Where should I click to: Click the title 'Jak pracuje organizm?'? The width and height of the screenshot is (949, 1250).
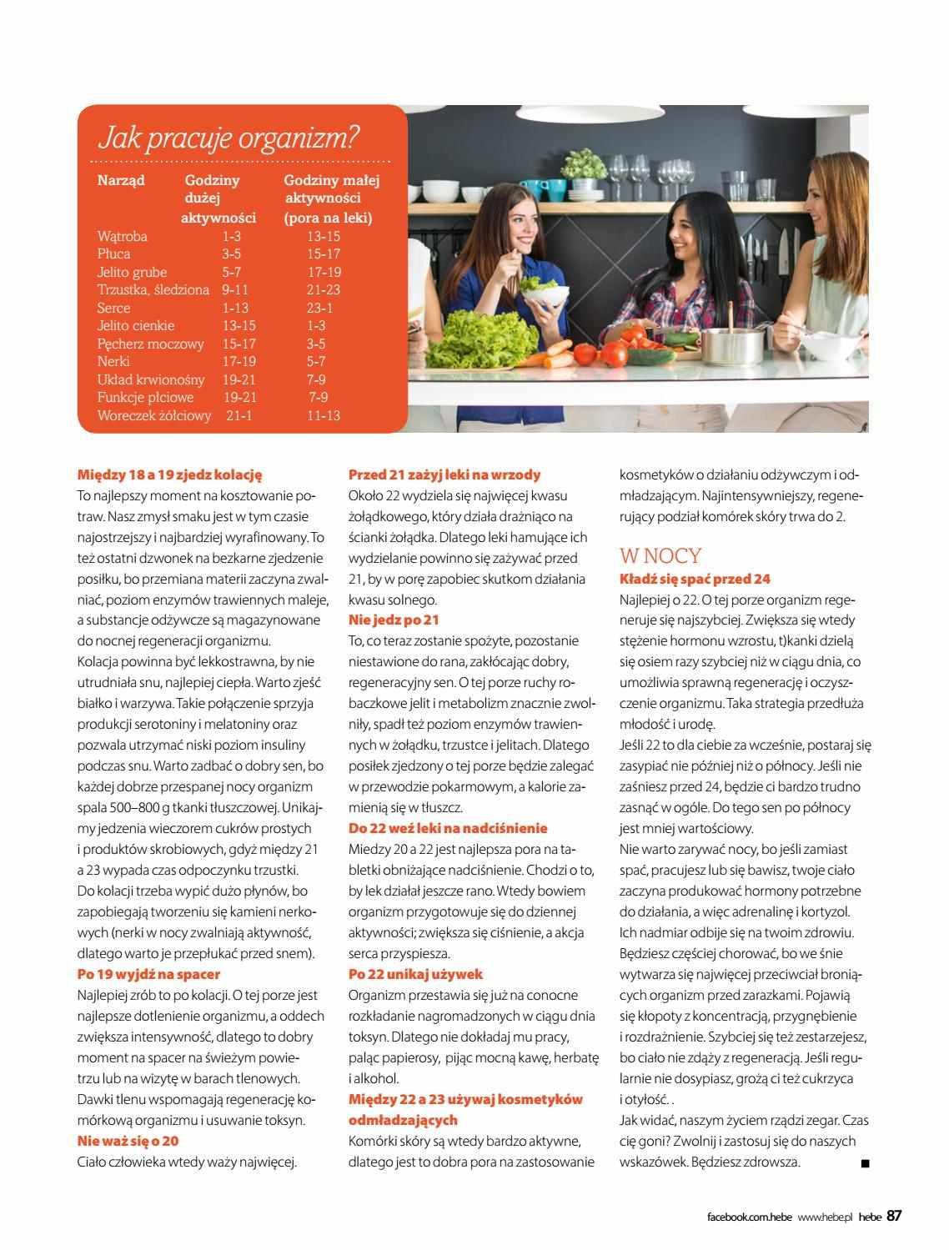229,138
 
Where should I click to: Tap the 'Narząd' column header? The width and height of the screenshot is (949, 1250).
121,180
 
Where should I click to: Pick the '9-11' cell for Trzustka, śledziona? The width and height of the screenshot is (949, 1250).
235,290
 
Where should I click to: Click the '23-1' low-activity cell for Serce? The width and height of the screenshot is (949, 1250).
319,308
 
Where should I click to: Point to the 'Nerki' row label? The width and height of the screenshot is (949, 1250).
113,361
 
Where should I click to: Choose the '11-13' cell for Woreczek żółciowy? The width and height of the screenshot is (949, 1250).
323,415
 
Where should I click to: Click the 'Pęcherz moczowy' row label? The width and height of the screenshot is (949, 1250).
150,344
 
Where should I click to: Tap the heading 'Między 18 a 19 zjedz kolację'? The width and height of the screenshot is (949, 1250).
169,474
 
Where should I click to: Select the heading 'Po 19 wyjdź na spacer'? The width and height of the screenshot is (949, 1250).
148,974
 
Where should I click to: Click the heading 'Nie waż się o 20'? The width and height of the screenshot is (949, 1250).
128,1141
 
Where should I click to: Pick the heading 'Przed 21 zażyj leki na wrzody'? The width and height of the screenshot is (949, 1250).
444,474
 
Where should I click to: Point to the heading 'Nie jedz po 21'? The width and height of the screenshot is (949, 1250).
393,620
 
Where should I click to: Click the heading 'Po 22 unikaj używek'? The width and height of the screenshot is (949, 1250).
415,974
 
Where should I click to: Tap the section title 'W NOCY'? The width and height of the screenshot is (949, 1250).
660,556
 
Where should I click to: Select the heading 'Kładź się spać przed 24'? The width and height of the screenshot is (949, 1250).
695,579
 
